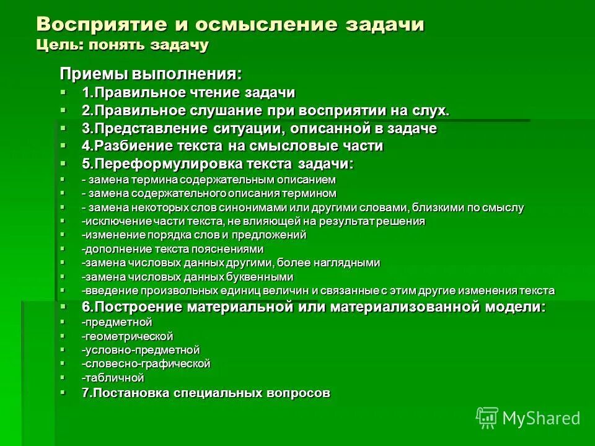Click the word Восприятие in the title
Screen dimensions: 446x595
pos(99,25)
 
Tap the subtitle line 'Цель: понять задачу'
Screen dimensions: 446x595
pos(123,45)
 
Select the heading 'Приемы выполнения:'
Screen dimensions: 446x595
pos(150,74)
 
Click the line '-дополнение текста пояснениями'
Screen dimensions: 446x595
pos(173,249)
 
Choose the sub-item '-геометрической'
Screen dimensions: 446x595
pos(127,336)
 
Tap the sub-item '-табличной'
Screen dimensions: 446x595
pos(113,378)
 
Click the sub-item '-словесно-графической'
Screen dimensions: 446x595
pos(146,364)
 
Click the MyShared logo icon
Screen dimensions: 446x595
pos(487,418)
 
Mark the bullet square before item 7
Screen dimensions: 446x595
pos(63,392)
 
